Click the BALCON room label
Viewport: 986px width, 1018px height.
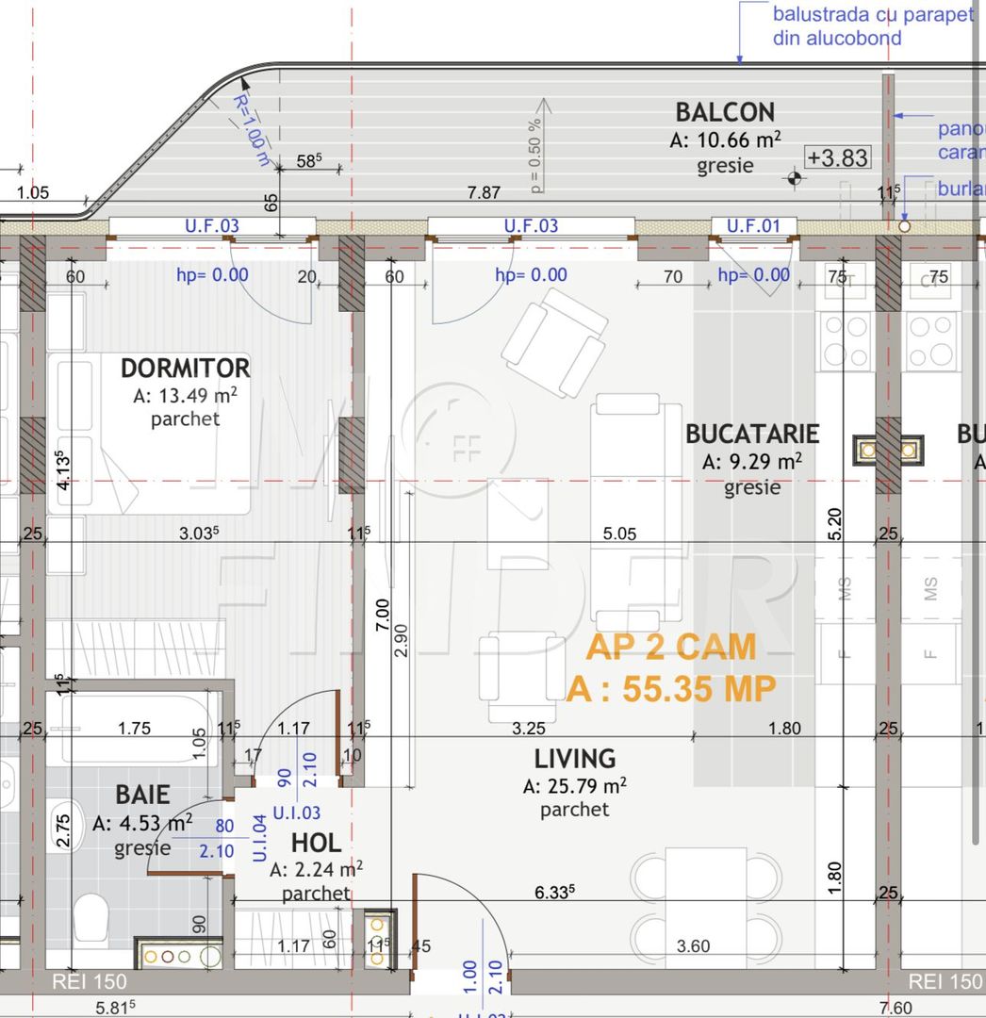pyautogui.click(x=724, y=111)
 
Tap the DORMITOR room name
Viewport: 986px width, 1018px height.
pyautogui.click(x=185, y=368)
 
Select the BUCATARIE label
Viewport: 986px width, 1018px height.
pyautogui.click(x=752, y=434)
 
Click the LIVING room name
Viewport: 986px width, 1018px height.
pyautogui.click(x=575, y=758)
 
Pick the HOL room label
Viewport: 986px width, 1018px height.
pyautogui.click(x=316, y=843)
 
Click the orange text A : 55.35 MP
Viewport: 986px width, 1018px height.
pyautogui.click(x=670, y=689)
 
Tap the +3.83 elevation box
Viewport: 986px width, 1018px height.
pyautogui.click(x=837, y=157)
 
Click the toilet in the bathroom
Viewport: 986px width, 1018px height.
pyautogui.click(x=90, y=916)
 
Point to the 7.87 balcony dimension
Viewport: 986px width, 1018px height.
pyautogui.click(x=484, y=193)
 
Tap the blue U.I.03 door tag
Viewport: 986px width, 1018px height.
pyautogui.click(x=296, y=813)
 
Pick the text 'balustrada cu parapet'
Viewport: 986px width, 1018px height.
pyautogui.click(x=872, y=15)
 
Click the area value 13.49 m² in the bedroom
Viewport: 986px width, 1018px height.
pyautogui.click(x=185, y=395)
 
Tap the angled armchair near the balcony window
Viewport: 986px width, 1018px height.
pyautogui.click(x=554, y=342)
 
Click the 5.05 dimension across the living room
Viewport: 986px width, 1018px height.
pyautogui.click(x=619, y=534)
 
